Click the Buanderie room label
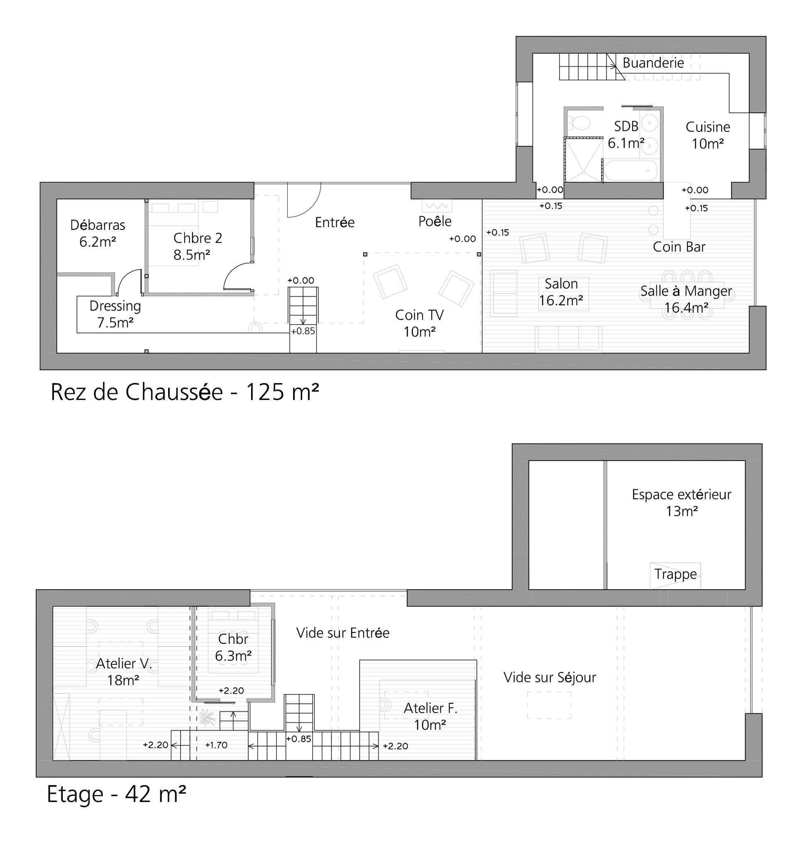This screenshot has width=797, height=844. pyautogui.click(x=653, y=63)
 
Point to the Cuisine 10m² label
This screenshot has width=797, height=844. pyautogui.click(x=708, y=135)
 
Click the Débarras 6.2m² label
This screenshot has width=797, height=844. pyautogui.click(x=98, y=233)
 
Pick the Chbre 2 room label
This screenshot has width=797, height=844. pyautogui.click(x=198, y=238)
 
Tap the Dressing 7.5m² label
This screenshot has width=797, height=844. pyautogui.click(x=115, y=314)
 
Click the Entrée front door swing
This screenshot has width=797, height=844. pyautogui.click(x=304, y=200)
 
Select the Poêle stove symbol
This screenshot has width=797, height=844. pyautogui.click(x=437, y=205)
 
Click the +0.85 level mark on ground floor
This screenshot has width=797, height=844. pyautogui.click(x=303, y=331)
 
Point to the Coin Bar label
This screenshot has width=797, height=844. pyautogui.click(x=679, y=247)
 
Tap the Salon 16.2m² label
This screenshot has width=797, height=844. pyautogui.click(x=561, y=292)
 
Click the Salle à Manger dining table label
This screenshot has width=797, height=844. pyautogui.click(x=686, y=291)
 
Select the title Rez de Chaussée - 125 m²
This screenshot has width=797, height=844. pyautogui.click(x=185, y=392)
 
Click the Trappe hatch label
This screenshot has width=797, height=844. pyautogui.click(x=675, y=574)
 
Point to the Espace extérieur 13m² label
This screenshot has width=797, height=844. pyautogui.click(x=682, y=502)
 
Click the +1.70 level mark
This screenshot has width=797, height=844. pyautogui.click(x=216, y=744)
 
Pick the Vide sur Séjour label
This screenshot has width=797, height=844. pyautogui.click(x=550, y=678)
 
